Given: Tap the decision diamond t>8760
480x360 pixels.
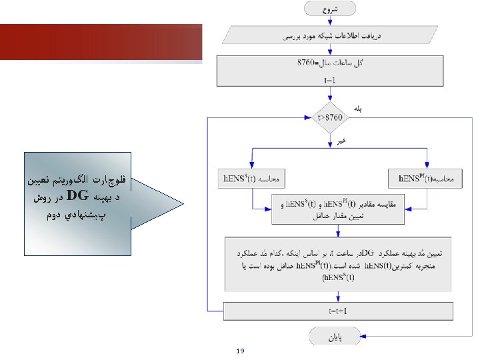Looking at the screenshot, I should (332, 117).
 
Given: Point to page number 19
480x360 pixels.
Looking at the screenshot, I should (240, 351).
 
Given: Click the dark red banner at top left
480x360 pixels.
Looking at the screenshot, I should (100, 41).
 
